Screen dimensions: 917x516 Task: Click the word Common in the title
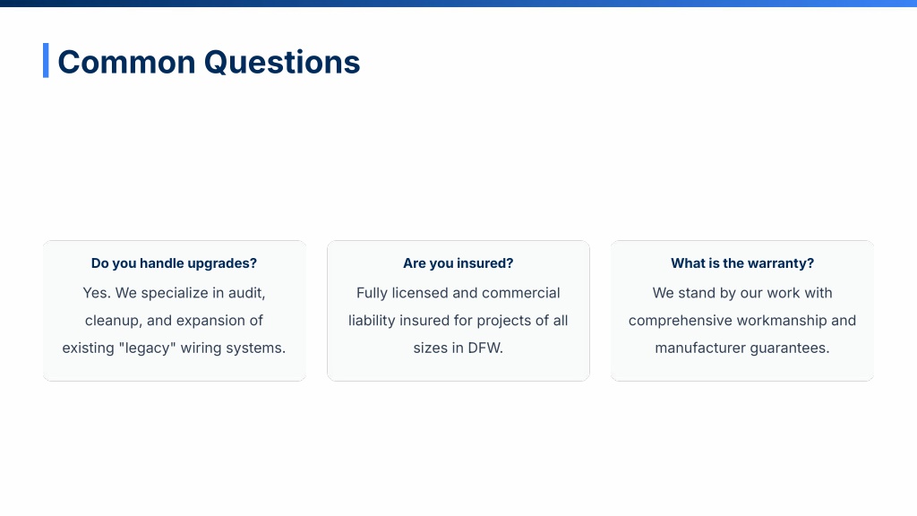[x=126, y=62]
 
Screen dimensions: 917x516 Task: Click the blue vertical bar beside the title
[x=46, y=60]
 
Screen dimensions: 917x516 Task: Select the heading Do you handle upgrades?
[x=174, y=263]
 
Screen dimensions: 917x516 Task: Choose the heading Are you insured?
[x=458, y=263]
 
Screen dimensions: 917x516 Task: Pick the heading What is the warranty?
[x=742, y=263]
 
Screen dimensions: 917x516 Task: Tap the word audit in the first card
[x=247, y=293]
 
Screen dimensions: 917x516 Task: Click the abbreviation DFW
[x=485, y=348]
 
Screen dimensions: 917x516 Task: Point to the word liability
[x=372, y=321]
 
